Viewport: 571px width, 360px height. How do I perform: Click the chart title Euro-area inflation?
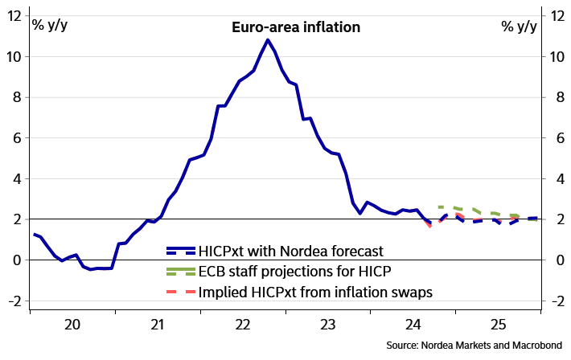tap(295, 27)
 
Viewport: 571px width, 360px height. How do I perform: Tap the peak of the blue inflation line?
tap(268, 40)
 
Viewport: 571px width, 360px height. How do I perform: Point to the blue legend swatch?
tap(181, 251)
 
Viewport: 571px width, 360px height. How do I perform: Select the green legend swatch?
tap(181, 271)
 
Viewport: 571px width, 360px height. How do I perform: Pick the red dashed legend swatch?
tap(181, 291)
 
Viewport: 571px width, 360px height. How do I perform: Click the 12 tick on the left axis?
tap(15, 17)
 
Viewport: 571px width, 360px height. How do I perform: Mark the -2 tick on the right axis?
tap(554, 301)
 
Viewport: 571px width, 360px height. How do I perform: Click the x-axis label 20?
tap(72, 325)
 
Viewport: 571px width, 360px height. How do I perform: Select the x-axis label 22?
tap(242, 325)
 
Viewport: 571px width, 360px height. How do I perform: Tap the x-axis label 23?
tap(327, 325)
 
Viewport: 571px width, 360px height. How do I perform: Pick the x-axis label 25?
tap(498, 325)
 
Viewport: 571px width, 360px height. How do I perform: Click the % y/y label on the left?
tap(50, 26)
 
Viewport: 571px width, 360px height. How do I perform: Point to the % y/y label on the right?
tap(519, 26)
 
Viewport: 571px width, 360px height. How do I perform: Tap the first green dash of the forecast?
tap(441, 207)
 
